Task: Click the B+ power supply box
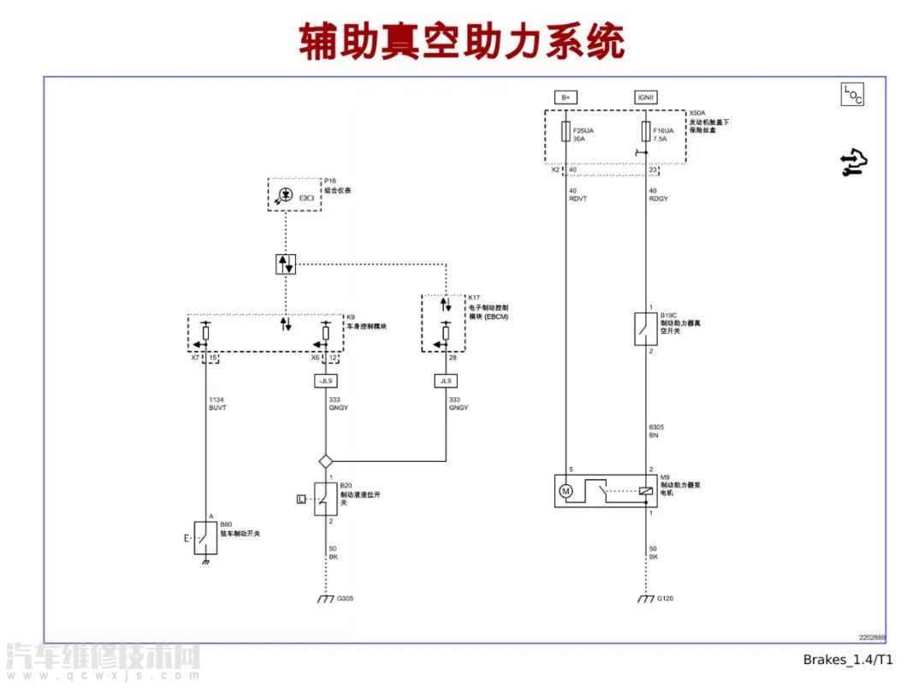(565, 98)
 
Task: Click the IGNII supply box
(645, 98)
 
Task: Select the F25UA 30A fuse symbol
(565, 131)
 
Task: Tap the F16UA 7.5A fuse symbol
(645, 131)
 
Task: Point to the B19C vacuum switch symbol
(645, 329)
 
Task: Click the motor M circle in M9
(565, 491)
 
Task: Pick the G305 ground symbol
(325, 599)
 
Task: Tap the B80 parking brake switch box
(205, 537)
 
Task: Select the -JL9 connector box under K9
(325, 381)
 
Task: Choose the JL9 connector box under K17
(445, 381)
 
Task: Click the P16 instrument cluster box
(293, 194)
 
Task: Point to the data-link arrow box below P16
(286, 264)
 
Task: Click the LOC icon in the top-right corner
(852, 95)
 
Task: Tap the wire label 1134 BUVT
(217, 404)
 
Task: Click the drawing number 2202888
(872, 637)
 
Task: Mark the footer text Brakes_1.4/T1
(847, 659)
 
